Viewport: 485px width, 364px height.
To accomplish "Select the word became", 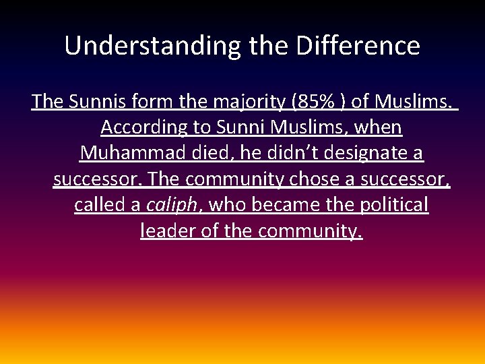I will click(x=294, y=205).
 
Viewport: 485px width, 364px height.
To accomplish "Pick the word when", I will click(x=377, y=127).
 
